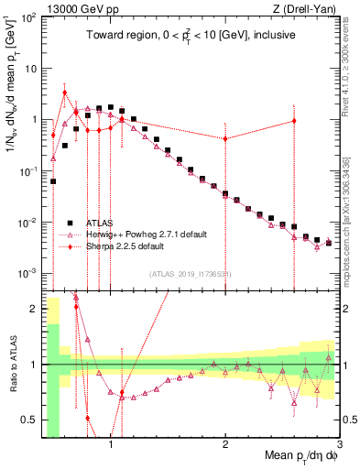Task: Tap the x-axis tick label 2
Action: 225,443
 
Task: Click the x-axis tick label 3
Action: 339,443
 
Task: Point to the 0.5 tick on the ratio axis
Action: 29,420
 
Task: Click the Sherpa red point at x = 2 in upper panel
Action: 225,138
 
